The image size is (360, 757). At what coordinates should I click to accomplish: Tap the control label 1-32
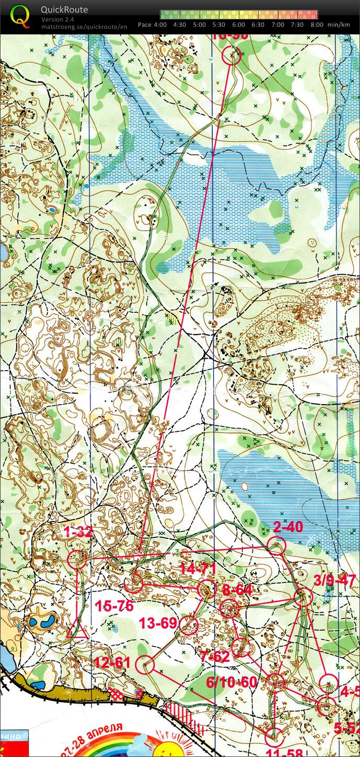point(78,533)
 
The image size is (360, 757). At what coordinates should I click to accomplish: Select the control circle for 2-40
point(276,546)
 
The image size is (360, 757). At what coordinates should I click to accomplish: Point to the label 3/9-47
point(334,581)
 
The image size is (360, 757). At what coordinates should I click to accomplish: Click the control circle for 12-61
point(145,665)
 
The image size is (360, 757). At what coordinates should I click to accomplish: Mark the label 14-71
point(198,568)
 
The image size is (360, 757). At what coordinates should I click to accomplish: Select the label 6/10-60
point(231,682)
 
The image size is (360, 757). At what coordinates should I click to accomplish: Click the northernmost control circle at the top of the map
point(232,55)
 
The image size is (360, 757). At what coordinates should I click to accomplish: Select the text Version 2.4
point(58,19)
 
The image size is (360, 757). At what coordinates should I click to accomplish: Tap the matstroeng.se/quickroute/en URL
point(84,26)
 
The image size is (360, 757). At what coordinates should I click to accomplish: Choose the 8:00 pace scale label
point(316,25)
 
